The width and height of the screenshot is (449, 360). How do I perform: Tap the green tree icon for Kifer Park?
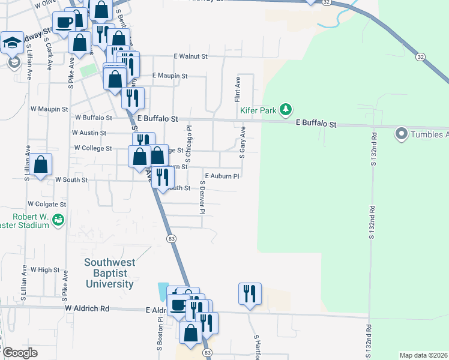[288, 109]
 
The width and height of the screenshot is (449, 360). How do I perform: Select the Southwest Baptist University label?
[109, 273]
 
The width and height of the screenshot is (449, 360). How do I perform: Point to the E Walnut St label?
[190, 56]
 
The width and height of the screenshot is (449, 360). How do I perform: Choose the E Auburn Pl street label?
[222, 176]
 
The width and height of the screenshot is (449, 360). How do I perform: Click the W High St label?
[45, 270]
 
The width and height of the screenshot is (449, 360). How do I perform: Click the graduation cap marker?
[12, 43]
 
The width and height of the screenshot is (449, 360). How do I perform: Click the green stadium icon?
[58, 220]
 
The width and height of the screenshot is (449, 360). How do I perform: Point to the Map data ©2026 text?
[423, 355]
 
